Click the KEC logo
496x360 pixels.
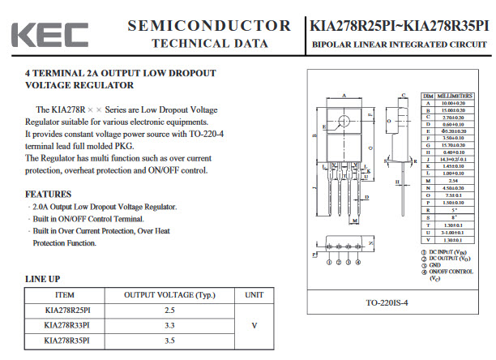coord(50,34)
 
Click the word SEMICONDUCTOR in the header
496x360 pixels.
coord(208,26)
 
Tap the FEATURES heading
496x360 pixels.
coord(49,195)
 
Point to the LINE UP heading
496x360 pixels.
coord(43,278)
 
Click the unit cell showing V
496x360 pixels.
coord(254,325)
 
